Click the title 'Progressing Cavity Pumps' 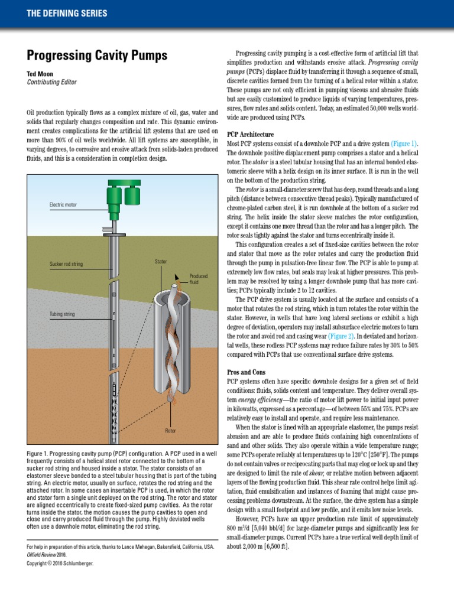[x=98, y=56]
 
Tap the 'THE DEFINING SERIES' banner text [x=67, y=13]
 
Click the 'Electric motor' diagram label [x=63, y=205]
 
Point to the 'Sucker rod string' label [x=66, y=264]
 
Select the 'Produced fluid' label [x=198, y=279]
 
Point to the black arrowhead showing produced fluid [x=177, y=275]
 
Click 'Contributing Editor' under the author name [x=52, y=83]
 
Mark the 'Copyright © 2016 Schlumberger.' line [x=60, y=563]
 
